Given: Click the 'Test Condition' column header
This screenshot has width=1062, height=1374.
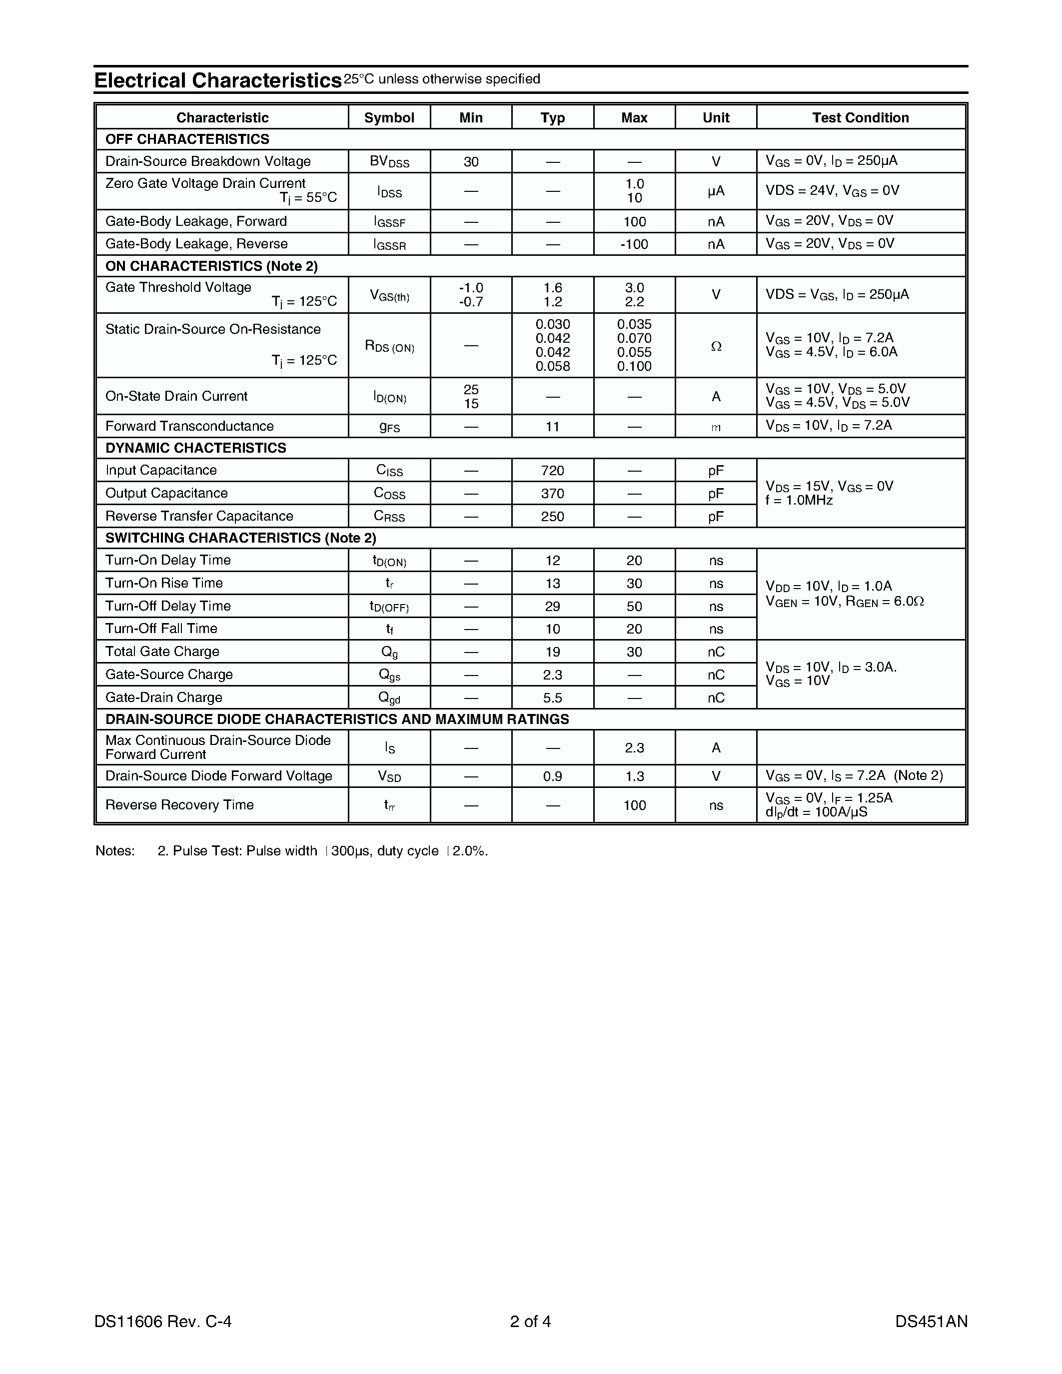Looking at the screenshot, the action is (860, 117).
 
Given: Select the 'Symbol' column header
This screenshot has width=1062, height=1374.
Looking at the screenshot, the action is (389, 117).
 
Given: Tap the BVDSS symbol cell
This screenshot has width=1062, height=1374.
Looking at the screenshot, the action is (389, 162).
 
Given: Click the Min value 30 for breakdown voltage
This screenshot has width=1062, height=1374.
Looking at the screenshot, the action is (471, 162).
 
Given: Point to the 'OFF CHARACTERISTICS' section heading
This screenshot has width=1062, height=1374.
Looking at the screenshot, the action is (187, 139).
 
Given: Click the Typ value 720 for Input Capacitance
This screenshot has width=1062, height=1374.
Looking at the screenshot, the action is (552, 471).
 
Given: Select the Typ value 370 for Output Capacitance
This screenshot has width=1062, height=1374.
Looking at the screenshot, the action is (552, 494).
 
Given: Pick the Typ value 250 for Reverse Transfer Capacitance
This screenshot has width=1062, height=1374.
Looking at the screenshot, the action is (552, 517).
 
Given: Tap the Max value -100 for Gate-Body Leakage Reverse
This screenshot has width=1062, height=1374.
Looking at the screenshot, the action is (634, 244).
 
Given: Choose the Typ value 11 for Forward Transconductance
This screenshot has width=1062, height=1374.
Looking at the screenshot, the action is (552, 427).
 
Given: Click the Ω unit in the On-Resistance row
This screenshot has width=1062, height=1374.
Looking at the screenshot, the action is (715, 347).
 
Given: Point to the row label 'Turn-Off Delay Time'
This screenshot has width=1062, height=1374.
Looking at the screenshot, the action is (168, 606).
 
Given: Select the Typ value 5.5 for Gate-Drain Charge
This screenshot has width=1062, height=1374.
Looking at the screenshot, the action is (552, 697).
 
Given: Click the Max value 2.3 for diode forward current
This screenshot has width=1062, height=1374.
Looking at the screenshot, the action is (634, 748).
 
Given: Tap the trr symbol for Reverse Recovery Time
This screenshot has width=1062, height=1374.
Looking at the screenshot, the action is (389, 805).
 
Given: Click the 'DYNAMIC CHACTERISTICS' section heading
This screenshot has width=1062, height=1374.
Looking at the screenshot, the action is (196, 448).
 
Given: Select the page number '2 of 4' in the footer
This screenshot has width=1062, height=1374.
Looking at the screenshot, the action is (530, 1321).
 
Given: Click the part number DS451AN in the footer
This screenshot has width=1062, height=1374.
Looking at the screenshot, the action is (931, 1321).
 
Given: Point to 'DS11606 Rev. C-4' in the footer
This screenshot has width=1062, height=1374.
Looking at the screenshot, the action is (163, 1321).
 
